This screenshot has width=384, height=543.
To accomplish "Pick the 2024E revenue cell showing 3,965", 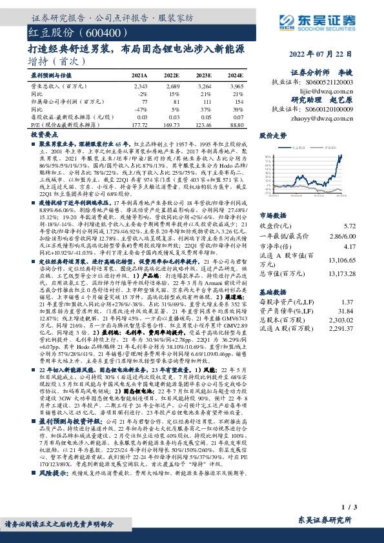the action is coord(236,86).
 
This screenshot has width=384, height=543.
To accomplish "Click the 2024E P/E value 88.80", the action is coord(236,124).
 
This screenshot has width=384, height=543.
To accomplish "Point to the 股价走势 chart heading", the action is coord(273,136).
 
